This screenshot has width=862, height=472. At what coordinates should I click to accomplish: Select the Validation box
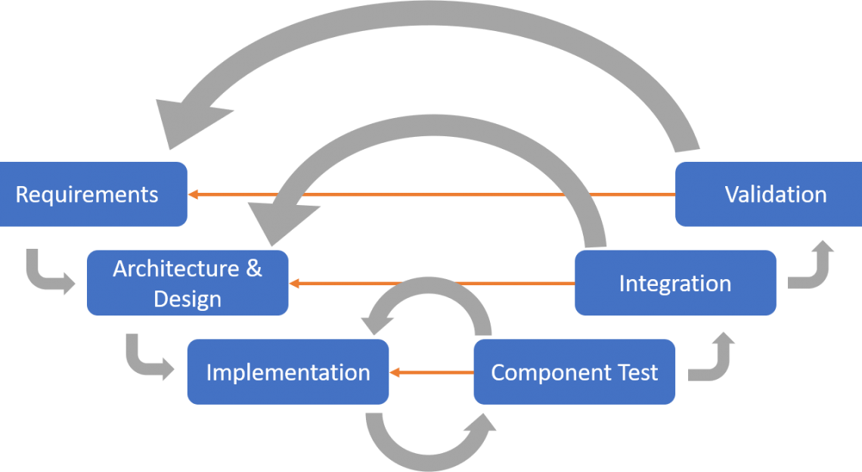[x=768, y=194]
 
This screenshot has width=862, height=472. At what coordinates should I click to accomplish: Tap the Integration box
[x=675, y=283]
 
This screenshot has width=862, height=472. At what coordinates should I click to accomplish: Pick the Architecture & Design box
[x=187, y=283]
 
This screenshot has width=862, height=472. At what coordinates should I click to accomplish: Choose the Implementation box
[x=288, y=372]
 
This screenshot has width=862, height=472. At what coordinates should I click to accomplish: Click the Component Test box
[x=575, y=372]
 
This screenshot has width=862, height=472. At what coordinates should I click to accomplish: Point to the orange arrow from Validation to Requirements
[x=431, y=194]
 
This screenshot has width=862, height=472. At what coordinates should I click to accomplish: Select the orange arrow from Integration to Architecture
[x=431, y=284]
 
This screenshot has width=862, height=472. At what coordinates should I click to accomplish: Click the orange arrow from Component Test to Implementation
[x=431, y=372]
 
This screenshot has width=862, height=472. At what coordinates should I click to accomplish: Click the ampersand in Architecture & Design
[x=253, y=269]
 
